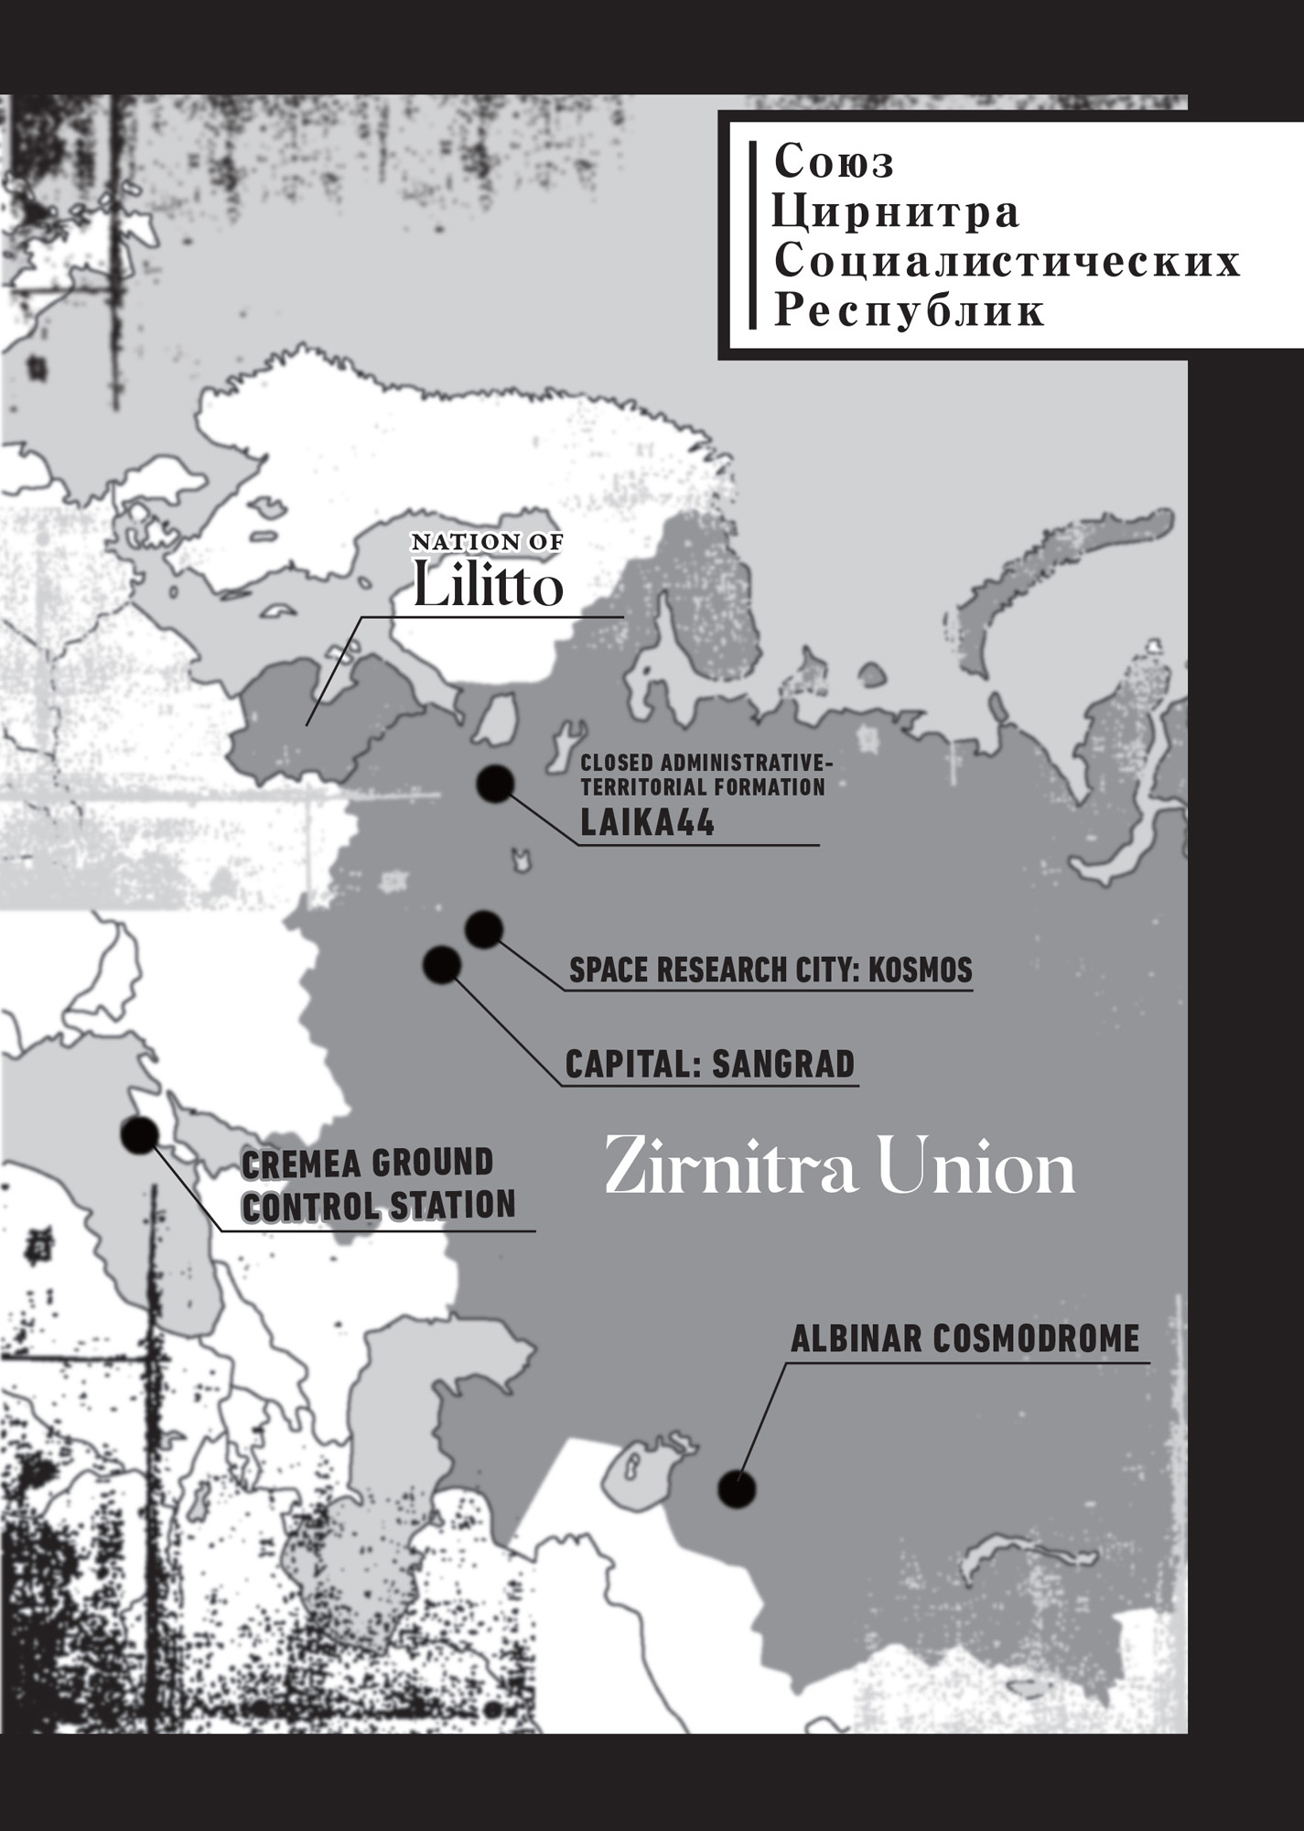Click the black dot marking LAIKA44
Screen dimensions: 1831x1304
495,785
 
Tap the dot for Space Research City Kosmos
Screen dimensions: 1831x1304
483,929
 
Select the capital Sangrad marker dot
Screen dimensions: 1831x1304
442,965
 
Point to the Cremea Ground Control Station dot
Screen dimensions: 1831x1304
140,1135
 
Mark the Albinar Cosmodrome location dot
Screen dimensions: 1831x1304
737,1490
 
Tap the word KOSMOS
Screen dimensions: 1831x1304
920,970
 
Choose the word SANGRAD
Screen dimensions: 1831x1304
782,1064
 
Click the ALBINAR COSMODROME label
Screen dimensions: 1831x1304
965,1338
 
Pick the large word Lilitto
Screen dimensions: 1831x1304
488,586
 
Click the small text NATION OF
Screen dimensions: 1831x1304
487,542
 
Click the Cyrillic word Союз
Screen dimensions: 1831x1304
834,163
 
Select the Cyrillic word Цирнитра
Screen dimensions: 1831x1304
896,212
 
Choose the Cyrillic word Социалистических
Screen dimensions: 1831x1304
1007,262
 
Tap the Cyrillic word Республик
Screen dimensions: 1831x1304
909,311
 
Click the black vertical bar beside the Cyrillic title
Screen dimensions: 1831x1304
752,235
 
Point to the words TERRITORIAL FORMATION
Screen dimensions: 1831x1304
703,786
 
